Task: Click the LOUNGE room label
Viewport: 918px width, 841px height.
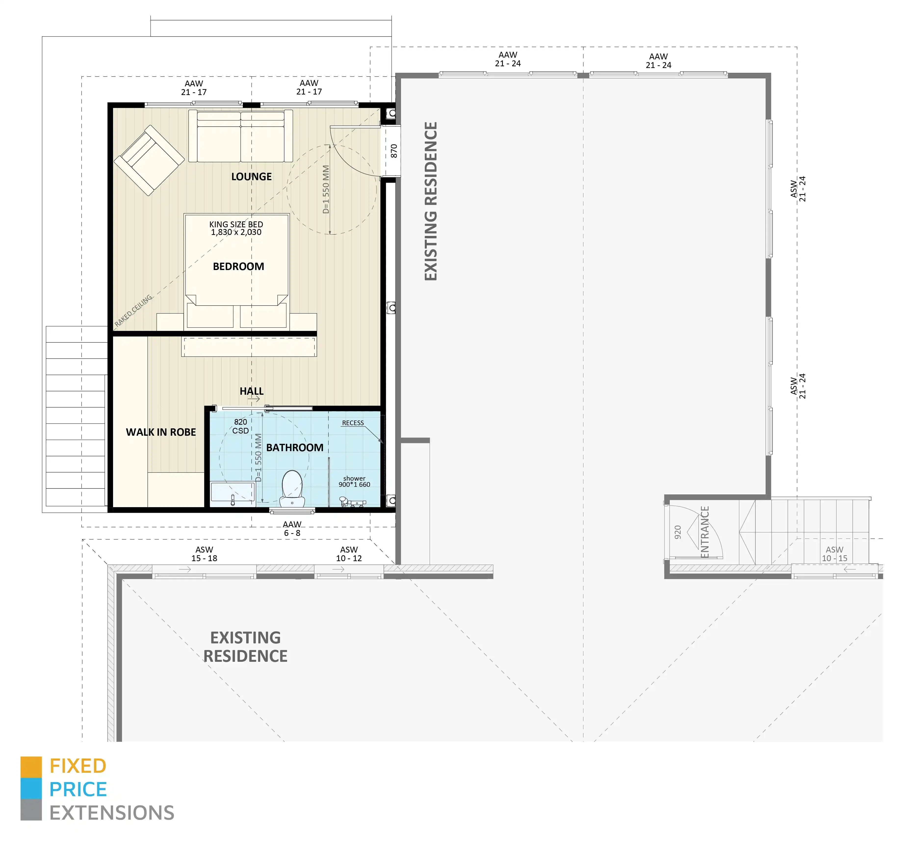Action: click(251, 176)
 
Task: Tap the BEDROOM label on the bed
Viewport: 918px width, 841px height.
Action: click(238, 266)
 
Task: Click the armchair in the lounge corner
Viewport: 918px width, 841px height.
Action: click(149, 161)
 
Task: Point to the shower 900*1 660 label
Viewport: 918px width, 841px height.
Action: click(354, 481)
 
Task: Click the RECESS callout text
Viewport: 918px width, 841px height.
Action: click(353, 423)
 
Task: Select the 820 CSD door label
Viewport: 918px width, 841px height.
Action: click(240, 426)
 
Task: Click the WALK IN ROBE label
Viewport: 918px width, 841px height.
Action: click(161, 432)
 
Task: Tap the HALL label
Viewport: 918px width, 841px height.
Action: click(251, 391)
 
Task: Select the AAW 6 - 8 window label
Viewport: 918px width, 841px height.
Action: click(292, 529)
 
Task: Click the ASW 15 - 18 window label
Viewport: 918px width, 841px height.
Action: click(204, 554)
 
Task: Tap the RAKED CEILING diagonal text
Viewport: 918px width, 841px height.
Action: click(133, 311)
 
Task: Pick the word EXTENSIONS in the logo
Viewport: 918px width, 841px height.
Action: click(112, 813)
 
